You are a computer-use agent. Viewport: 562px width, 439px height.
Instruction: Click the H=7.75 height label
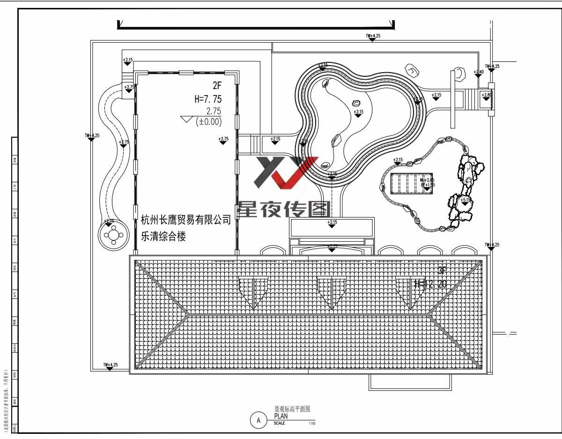pos(208,99)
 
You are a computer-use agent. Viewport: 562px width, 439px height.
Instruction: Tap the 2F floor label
pos(216,86)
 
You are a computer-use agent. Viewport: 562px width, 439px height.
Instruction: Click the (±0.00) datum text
pos(208,122)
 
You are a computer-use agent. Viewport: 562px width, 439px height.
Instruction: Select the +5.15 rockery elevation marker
pos(465,201)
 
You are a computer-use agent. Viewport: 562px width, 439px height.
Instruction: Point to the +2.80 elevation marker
pos(487,96)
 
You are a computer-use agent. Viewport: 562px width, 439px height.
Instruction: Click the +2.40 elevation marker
pos(478,73)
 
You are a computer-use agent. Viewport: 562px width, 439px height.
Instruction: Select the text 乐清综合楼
pos(163,237)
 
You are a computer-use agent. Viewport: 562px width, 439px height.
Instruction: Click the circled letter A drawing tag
pos(258,420)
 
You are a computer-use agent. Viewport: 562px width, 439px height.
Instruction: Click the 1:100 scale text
pos(312,424)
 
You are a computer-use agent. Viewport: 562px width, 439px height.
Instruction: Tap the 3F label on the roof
pos(443,271)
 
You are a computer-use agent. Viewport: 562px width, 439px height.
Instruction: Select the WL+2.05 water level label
pos(427,180)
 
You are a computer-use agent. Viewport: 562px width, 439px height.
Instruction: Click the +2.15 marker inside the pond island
pos(358,112)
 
